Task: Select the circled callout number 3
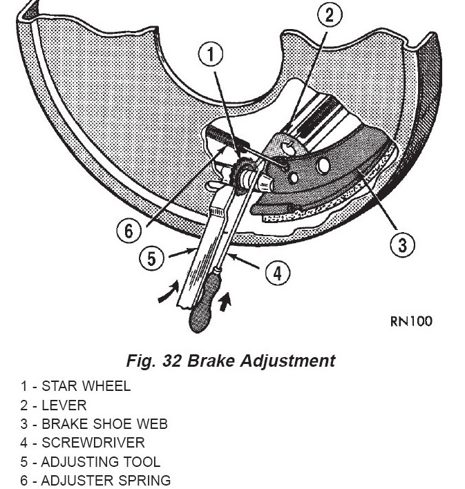[403, 244]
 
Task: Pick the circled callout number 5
[152, 259]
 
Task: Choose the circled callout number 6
[129, 231]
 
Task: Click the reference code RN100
[412, 321]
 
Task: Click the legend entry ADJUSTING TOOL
[90, 461]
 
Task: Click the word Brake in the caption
[209, 361]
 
